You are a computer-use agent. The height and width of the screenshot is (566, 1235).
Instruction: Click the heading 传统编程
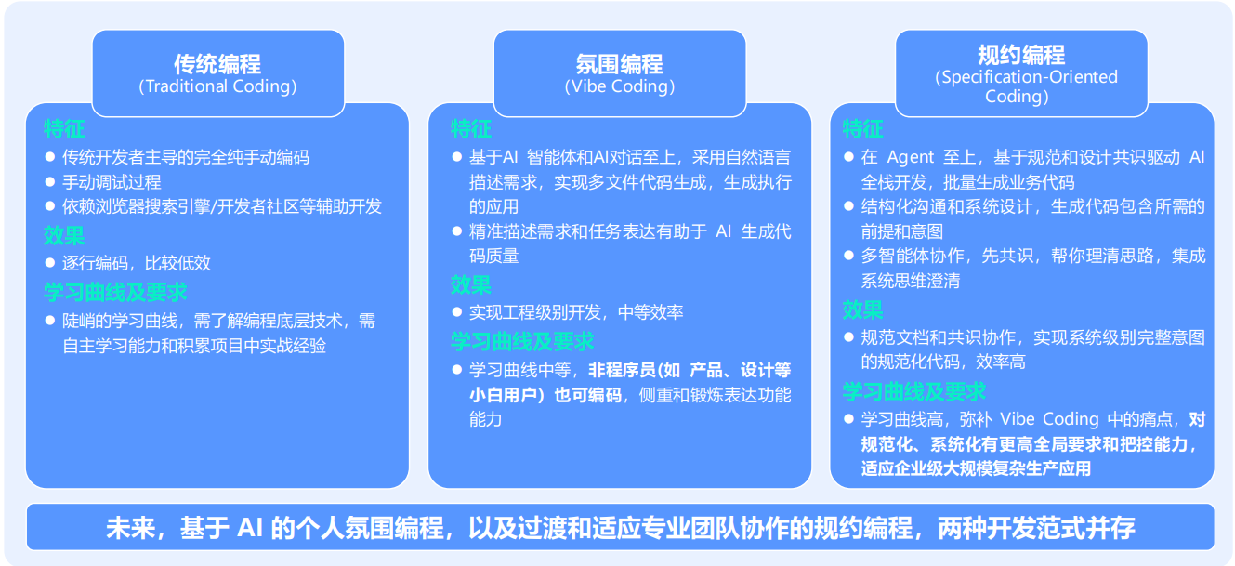(x=217, y=64)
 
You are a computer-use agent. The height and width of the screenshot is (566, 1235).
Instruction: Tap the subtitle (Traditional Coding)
(x=217, y=86)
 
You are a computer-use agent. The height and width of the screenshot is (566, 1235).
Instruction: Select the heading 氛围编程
(x=619, y=64)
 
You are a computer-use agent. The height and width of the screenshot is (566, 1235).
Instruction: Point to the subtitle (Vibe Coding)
(x=619, y=86)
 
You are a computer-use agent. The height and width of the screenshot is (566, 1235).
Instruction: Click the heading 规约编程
(x=1021, y=55)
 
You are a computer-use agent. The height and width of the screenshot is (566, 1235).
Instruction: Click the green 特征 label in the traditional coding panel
(x=64, y=129)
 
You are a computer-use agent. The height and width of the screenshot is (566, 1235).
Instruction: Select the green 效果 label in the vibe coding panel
(x=470, y=284)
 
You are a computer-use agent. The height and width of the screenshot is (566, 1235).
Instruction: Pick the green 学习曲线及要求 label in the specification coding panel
(x=913, y=391)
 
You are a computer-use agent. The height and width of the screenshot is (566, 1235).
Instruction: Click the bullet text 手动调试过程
(x=112, y=182)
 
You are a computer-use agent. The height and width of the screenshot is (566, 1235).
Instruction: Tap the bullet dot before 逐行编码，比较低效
(x=49, y=263)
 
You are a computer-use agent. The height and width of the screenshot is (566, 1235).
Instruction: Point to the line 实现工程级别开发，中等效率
(x=576, y=312)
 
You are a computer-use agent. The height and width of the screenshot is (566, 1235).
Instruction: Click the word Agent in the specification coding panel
(x=911, y=158)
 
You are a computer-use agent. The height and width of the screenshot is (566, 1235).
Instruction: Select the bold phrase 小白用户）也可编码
(x=545, y=395)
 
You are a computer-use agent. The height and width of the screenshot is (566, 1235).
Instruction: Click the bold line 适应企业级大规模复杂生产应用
(x=976, y=468)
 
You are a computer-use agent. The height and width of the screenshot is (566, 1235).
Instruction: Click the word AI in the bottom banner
(x=249, y=528)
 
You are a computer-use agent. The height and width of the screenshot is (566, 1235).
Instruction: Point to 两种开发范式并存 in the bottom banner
(x=1036, y=528)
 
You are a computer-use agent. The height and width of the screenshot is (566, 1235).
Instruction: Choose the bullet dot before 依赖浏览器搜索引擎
(x=49, y=206)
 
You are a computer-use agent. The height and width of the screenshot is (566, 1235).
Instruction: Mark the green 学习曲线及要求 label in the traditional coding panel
(x=115, y=292)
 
